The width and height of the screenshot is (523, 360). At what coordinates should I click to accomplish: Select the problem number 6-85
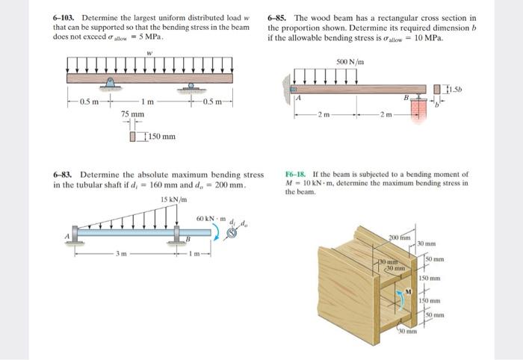279,17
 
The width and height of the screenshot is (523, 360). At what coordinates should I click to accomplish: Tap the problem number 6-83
64,174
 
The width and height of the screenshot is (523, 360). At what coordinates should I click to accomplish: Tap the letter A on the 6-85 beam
298,97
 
